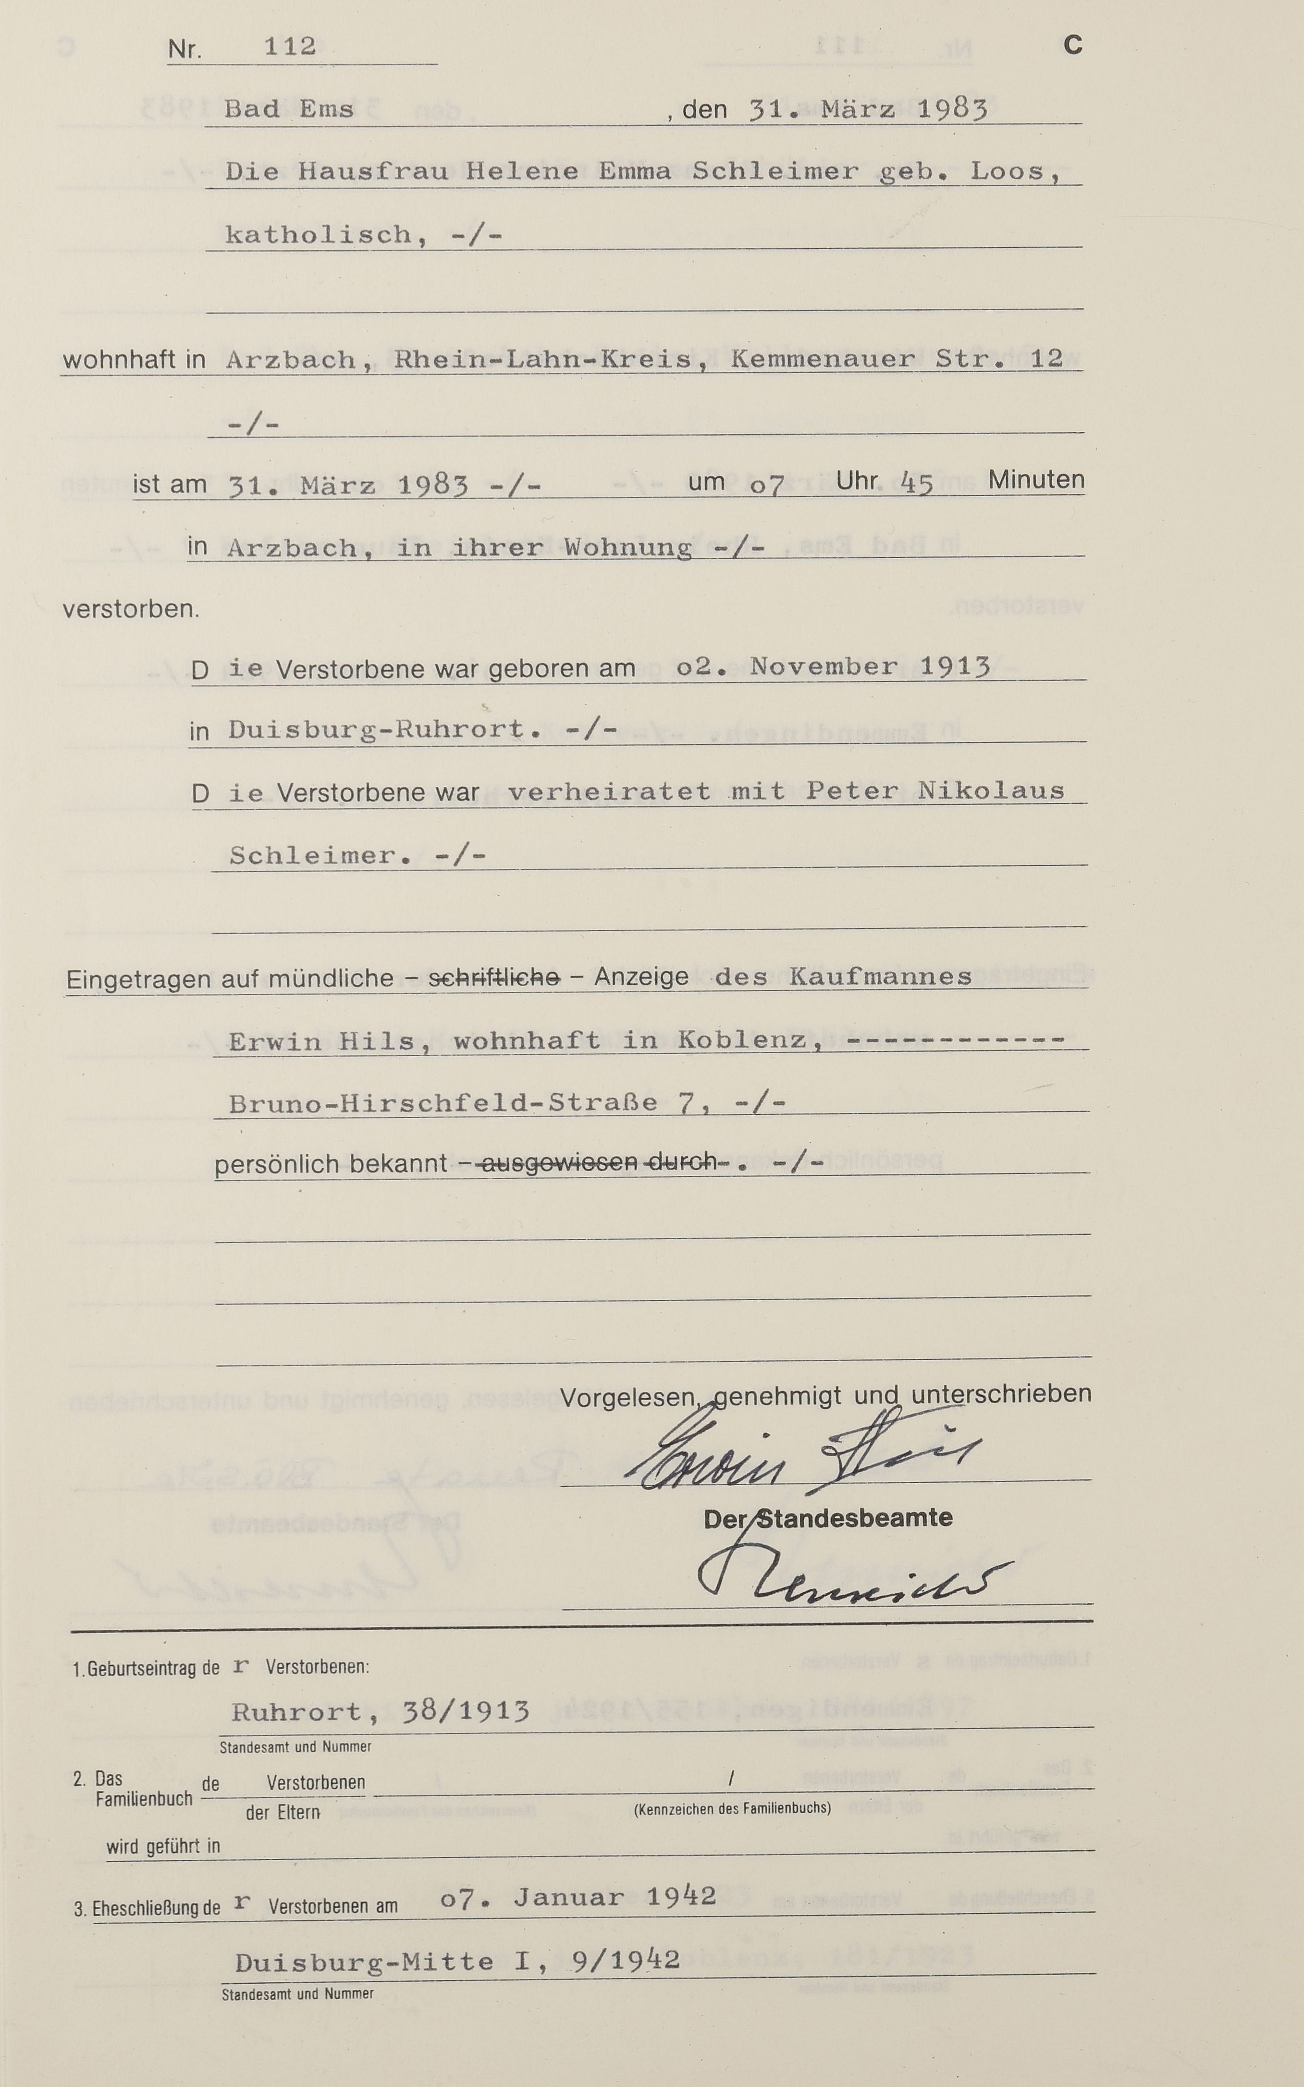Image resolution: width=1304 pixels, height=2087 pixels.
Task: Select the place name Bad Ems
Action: [289, 110]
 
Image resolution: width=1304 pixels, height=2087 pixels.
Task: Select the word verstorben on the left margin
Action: [130, 610]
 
